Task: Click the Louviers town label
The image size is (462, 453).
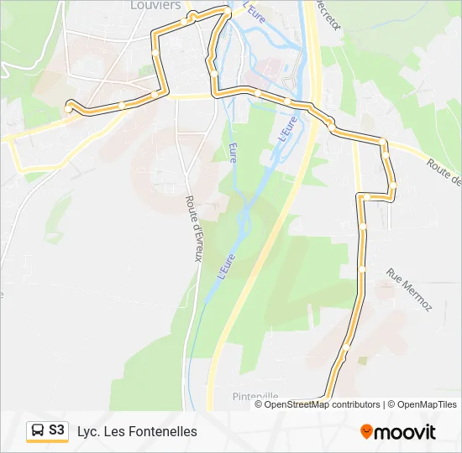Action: pyautogui.click(x=156, y=5)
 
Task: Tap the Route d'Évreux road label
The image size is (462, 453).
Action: pyautogui.click(x=192, y=228)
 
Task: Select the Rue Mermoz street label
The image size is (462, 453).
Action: pyautogui.click(x=409, y=289)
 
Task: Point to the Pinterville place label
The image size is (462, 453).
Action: pyautogui.click(x=255, y=396)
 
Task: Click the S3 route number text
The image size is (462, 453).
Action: pyautogui.click(x=56, y=430)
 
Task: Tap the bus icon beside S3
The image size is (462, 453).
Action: pyautogui.click(x=38, y=431)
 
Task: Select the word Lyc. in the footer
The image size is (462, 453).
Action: pyautogui.click(x=88, y=431)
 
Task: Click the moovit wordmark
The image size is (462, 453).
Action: pyautogui.click(x=404, y=432)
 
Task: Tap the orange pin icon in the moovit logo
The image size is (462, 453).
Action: pyautogui.click(x=366, y=432)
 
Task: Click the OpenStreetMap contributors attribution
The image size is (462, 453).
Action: pyautogui.click(x=323, y=404)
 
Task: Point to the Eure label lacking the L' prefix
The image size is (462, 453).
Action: pyautogui.click(x=232, y=152)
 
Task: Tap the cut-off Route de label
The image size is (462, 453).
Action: pyautogui.click(x=444, y=173)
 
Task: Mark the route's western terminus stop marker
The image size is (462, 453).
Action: pyautogui.click(x=69, y=108)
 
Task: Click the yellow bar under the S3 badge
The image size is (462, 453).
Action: pyautogui.click(x=47, y=442)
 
